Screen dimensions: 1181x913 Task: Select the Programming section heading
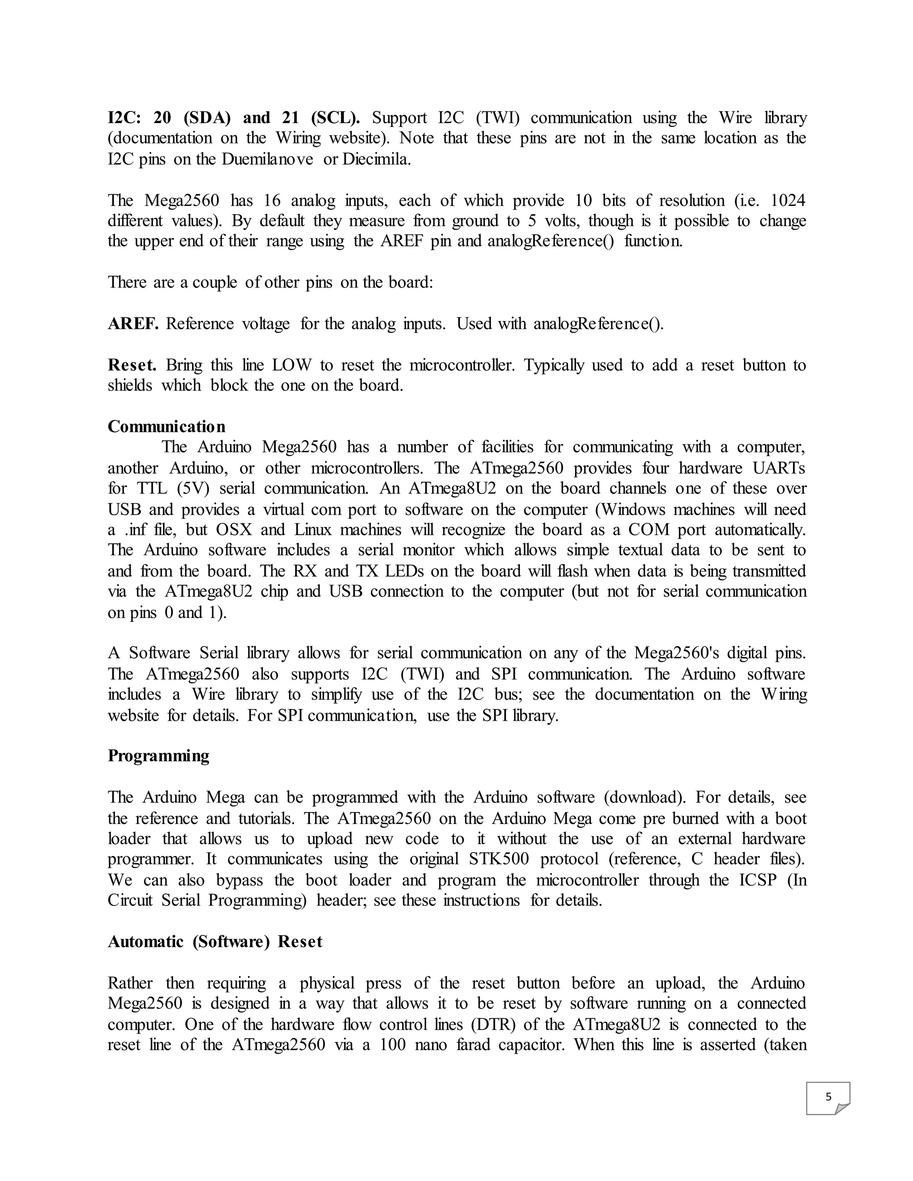click(158, 755)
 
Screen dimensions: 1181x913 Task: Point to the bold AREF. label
click(133, 324)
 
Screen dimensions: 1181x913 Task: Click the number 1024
click(788, 201)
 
